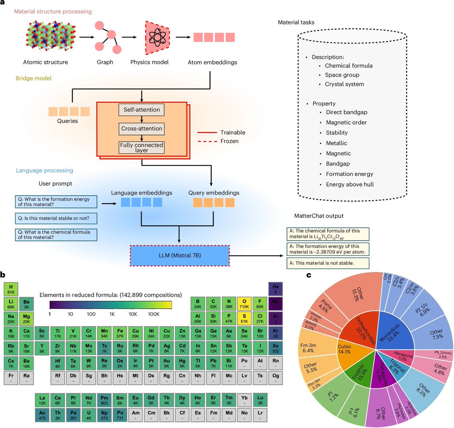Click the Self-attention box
point(141,110)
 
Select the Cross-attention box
point(141,129)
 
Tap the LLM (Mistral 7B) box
point(180,255)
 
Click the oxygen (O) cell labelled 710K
point(244,304)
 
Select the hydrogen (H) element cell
point(11,289)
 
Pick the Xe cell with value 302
point(275,348)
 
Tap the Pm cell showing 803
point(104,400)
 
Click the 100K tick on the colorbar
point(154,314)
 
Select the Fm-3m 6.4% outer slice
point(308,347)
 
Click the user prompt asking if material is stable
point(56,218)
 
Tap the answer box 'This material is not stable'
point(327,263)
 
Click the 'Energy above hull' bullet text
point(350,185)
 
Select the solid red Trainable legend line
point(207,132)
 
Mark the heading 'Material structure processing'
point(53,11)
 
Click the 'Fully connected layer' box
point(141,148)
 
